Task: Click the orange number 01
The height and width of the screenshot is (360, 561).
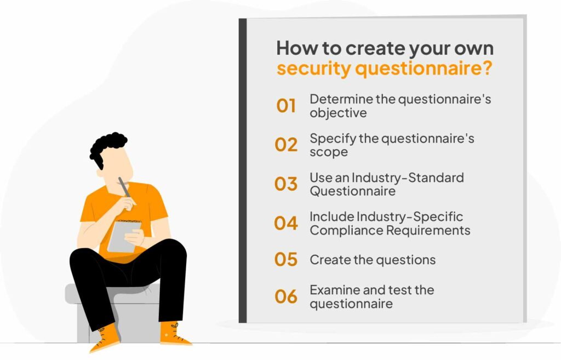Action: [286, 106]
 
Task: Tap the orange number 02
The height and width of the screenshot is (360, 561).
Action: [286, 145]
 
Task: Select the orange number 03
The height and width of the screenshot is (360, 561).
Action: [286, 184]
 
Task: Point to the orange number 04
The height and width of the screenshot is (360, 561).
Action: [286, 223]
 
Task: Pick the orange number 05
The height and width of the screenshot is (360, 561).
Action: [286, 259]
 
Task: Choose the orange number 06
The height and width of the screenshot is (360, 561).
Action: [286, 296]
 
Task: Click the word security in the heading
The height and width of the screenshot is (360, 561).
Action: [314, 68]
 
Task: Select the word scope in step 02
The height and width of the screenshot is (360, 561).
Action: [329, 152]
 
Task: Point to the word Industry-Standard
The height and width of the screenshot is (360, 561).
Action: [408, 178]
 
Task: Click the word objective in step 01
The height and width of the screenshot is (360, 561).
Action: [338, 113]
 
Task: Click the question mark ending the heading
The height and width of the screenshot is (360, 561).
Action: [486, 67]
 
